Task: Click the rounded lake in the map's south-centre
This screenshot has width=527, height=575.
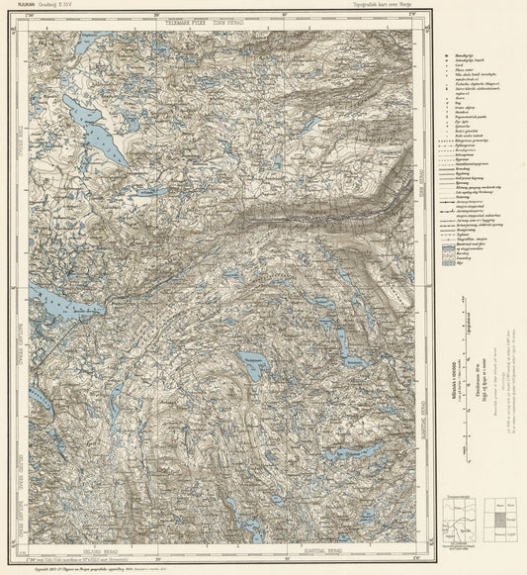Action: [x=253, y=367]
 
